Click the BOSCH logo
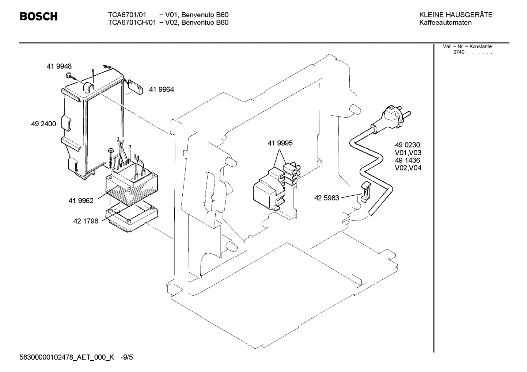38,16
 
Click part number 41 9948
59,66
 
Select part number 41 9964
161,89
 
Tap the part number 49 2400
43,124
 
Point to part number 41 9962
81,200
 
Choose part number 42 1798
86,221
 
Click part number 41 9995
280,143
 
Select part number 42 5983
327,198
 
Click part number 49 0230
407,145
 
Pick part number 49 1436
407,160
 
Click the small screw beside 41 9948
69,76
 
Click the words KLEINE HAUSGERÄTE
455,15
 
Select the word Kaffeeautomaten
445,23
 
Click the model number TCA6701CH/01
132,23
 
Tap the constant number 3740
459,52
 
